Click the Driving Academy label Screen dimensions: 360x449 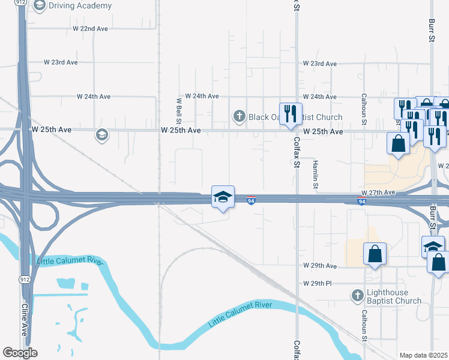80,6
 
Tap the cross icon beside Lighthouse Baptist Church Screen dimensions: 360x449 358,295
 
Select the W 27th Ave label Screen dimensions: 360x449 378,193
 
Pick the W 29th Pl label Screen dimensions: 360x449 318,283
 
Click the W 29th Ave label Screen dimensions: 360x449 320,266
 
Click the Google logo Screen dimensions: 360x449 20,353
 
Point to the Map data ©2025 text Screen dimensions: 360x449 423,355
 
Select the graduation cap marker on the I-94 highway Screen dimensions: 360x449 222,197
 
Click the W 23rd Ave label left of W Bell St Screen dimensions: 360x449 61,62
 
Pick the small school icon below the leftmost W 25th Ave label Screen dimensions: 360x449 101,135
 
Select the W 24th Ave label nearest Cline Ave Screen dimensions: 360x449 94,97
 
